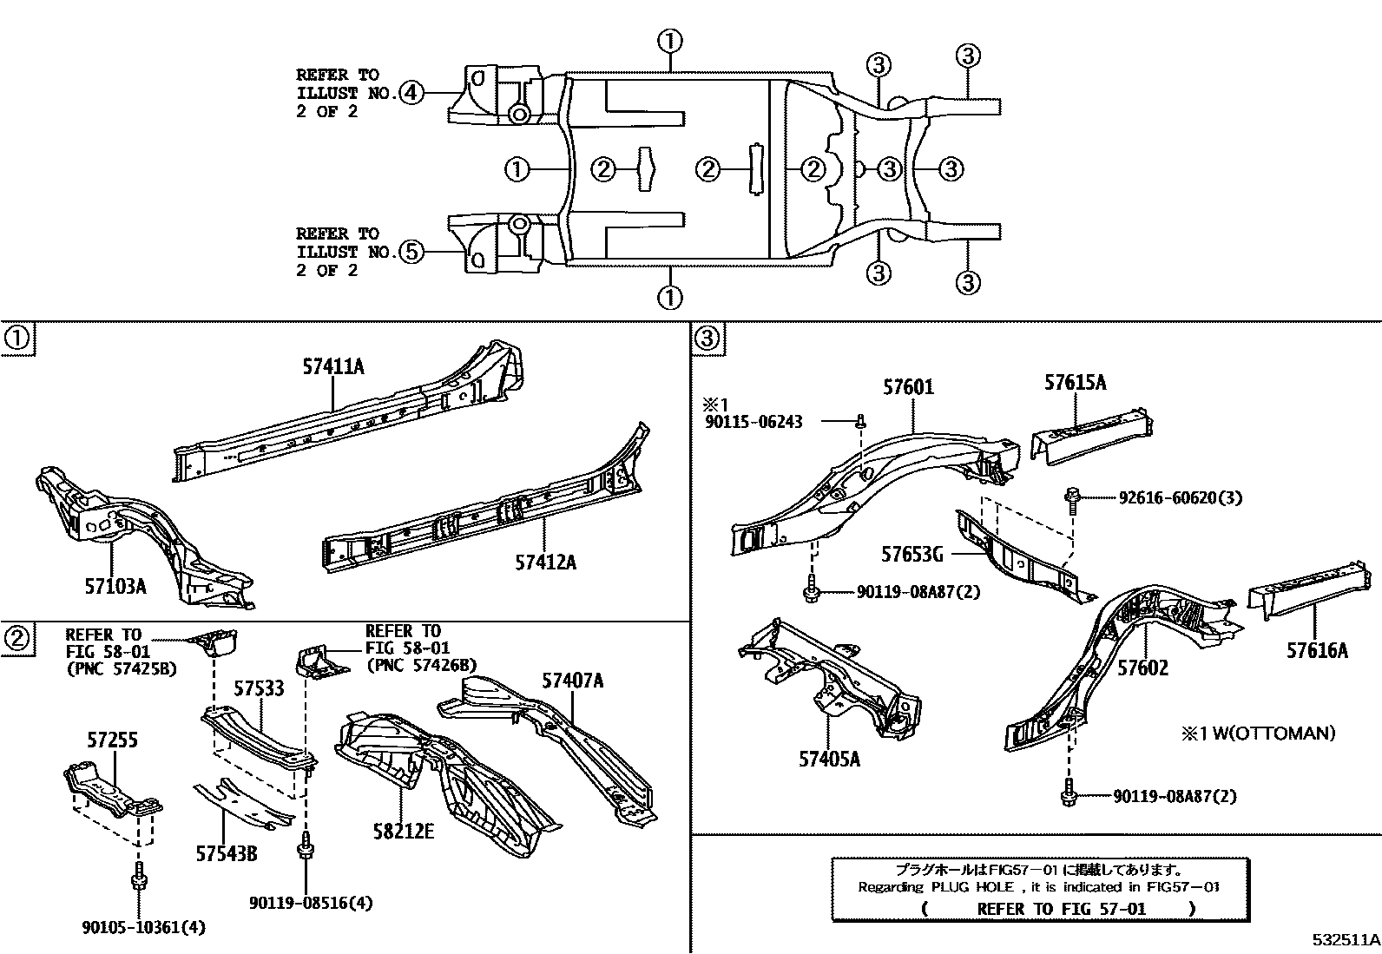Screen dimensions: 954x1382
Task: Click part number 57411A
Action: pos(333,367)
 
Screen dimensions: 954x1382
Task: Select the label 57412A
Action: pos(545,562)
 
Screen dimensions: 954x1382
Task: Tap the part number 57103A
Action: pos(115,586)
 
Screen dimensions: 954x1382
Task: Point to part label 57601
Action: pos(909,387)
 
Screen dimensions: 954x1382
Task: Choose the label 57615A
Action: pos(1076,382)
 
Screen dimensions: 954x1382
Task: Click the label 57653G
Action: pos(911,554)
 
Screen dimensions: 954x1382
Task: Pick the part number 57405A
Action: pos(830,759)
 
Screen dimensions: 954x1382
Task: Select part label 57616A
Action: pos(1317,649)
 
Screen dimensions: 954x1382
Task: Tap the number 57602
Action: pos(1142,668)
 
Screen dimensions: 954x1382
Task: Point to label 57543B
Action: pos(226,853)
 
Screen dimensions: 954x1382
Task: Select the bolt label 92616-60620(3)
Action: pos(1180,498)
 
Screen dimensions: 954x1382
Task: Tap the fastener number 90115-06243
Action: pos(753,422)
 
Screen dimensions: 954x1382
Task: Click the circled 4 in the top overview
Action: pos(411,92)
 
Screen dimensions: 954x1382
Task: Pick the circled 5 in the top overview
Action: pos(411,252)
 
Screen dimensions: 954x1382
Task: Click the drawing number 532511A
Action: pos(1346,939)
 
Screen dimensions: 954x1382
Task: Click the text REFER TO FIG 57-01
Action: pos(1061,909)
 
